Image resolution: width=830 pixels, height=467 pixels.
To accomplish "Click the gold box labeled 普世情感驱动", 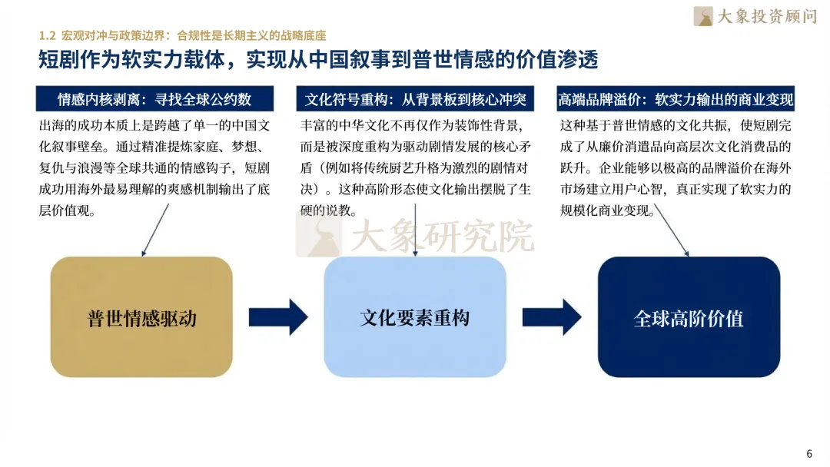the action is click(141, 316).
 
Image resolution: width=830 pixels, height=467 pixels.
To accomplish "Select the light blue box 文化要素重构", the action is click(415, 316).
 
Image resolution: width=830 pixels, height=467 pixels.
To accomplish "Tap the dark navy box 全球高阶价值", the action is click(689, 316).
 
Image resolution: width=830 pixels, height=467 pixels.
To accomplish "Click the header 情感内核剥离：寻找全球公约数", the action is click(154, 100).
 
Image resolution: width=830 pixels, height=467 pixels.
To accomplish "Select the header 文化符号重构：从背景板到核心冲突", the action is click(415, 100).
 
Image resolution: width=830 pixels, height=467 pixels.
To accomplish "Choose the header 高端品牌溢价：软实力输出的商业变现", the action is click(676, 100).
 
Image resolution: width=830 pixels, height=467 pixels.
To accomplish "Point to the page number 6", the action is click(808, 452).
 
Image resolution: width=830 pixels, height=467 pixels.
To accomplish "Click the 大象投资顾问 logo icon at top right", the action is click(702, 16).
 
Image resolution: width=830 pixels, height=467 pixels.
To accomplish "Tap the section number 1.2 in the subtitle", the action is click(48, 36).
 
